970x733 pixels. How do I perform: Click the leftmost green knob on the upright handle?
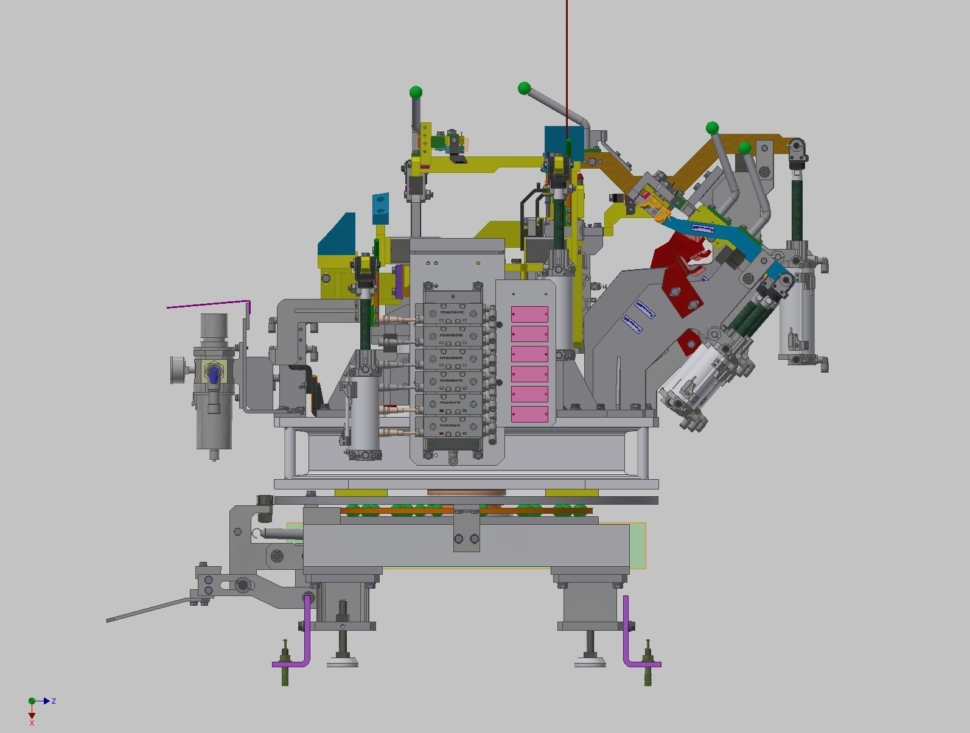click(416, 93)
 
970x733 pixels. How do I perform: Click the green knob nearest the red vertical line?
click(524, 88)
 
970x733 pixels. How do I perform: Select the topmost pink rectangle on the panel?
click(529, 314)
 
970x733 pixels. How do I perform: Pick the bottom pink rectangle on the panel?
click(529, 415)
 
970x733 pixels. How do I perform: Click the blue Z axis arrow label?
click(54, 701)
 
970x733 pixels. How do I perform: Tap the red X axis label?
click(32, 722)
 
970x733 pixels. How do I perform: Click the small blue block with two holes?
click(380, 207)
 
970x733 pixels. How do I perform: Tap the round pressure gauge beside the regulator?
click(178, 370)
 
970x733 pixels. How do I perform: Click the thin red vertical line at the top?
click(567, 61)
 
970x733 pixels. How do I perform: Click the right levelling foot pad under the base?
click(591, 662)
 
